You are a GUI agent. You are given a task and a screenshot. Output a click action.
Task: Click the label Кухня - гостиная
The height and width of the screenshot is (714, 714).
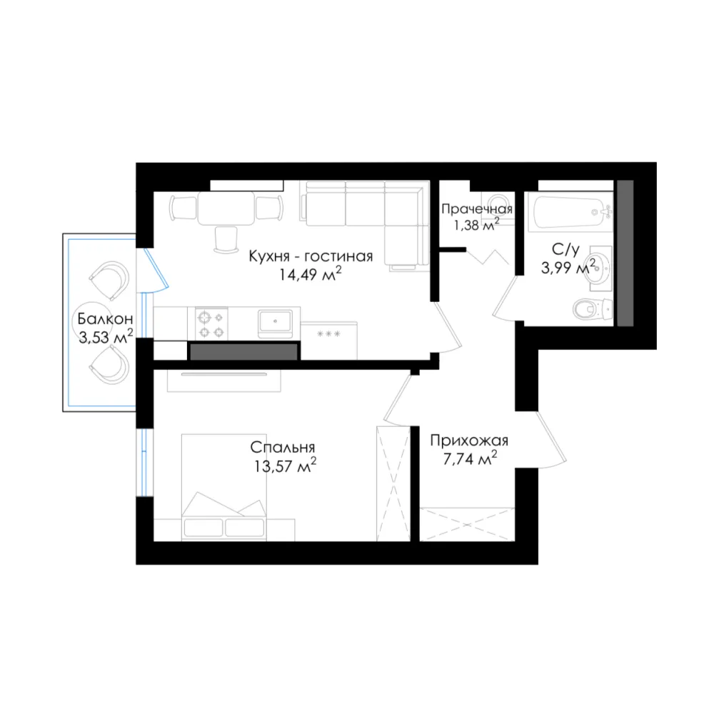pos(311,257)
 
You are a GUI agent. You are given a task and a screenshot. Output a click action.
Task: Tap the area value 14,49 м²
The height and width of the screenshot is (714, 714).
pos(311,275)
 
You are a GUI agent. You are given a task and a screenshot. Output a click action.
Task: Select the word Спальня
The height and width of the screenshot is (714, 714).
pos(282,448)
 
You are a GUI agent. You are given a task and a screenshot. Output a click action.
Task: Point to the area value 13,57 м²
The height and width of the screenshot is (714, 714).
pos(285,466)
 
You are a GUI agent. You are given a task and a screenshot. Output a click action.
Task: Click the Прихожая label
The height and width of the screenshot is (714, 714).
pos(469,441)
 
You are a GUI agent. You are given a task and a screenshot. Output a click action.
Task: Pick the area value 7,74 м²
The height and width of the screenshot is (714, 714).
pos(470,458)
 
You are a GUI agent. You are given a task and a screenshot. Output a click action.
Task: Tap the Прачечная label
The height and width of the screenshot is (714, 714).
pos(477,209)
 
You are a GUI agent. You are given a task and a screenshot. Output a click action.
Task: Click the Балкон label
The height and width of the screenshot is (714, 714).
pos(105,318)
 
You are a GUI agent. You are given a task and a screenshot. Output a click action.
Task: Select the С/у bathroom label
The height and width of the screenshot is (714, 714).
pos(565,249)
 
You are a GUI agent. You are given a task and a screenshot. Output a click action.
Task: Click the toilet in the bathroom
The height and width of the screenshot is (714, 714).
pos(592,309)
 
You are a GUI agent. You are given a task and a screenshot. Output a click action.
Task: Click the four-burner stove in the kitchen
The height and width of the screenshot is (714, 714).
pos(212,323)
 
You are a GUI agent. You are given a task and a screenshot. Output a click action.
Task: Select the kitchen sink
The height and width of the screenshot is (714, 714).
pos(275,323)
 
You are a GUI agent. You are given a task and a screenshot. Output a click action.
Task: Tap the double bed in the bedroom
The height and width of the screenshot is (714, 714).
pos(223,487)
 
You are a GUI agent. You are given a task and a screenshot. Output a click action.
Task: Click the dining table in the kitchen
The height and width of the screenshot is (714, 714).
pos(226,208)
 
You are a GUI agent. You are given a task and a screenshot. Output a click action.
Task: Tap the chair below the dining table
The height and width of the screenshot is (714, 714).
pos(226,239)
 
